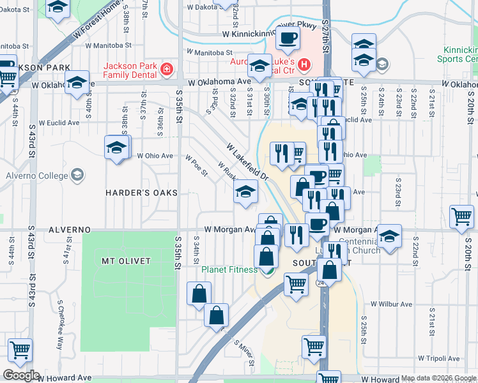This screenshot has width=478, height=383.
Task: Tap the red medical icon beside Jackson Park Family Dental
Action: point(167,68)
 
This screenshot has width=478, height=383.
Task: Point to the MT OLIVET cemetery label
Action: point(126,261)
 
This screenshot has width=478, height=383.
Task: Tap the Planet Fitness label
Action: point(229,269)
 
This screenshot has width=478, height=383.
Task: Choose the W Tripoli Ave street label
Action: point(440,359)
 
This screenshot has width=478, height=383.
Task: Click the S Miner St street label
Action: point(243,350)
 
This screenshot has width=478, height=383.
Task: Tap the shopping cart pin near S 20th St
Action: point(462,216)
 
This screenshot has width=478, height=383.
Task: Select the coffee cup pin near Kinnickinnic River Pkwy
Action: point(288,38)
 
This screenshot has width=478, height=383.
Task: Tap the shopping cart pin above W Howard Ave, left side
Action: point(20,350)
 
